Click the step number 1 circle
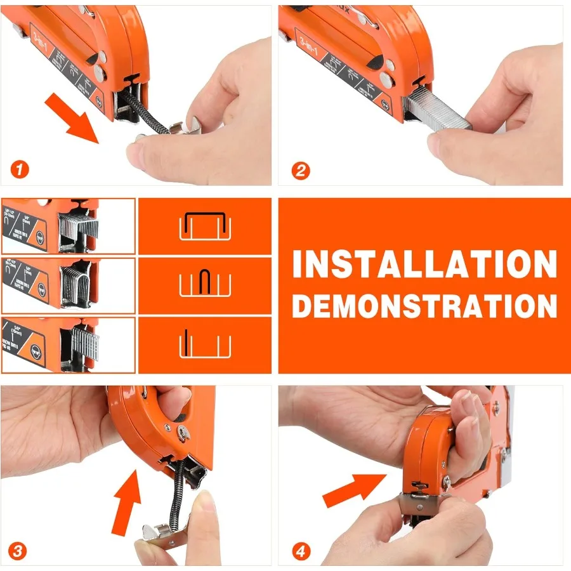click(x=20, y=170)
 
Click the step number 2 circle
click(x=301, y=170)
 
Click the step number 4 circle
click(x=301, y=551)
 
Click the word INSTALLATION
click(x=424, y=265)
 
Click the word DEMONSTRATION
click(x=424, y=306)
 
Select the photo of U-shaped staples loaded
click(x=68, y=285)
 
